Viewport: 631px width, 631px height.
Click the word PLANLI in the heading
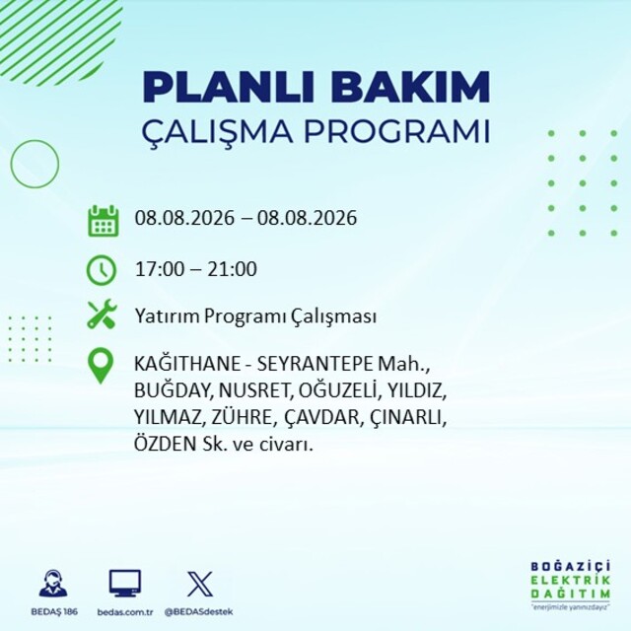click(229, 87)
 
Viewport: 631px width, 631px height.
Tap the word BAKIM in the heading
click(410, 87)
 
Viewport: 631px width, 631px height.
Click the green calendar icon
click(103, 221)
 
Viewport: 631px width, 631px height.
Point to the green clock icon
click(102, 270)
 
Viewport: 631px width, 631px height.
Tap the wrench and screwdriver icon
click(102, 315)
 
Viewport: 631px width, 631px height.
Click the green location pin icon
click(101, 366)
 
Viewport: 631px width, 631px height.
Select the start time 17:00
click(160, 269)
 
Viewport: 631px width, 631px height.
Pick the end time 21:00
click(233, 269)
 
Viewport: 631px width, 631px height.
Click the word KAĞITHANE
click(187, 364)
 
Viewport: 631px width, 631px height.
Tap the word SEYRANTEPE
click(315, 364)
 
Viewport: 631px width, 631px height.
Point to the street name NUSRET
click(253, 390)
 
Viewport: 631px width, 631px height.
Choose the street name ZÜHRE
click(242, 416)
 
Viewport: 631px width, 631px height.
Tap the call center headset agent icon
click(53, 583)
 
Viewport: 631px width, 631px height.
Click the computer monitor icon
click(125, 583)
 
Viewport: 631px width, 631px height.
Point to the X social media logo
click(200, 583)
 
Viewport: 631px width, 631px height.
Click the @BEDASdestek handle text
click(199, 611)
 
